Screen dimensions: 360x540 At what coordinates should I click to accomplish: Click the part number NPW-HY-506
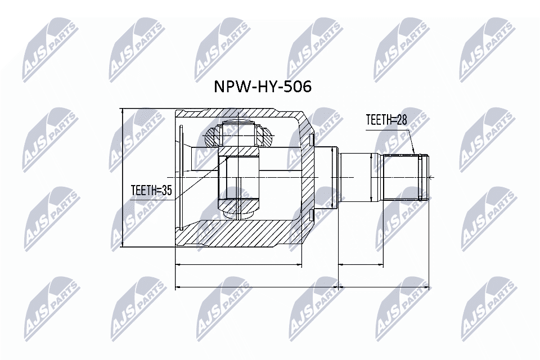point(262,87)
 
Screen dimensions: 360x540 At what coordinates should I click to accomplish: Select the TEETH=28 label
point(386,120)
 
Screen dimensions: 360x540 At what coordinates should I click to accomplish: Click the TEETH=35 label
point(151,191)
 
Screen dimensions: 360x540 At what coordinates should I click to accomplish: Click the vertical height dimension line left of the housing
point(122,178)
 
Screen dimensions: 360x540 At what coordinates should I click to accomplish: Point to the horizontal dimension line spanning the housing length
point(238,264)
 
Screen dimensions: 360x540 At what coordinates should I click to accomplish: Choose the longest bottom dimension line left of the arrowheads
point(256,287)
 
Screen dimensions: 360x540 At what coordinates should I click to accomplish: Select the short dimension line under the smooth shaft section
point(361,264)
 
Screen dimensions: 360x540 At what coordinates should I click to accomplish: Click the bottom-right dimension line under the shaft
point(386,287)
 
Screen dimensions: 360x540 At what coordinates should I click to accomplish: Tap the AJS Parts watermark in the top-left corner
point(51,48)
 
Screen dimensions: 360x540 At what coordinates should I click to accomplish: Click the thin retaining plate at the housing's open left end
point(181,177)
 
